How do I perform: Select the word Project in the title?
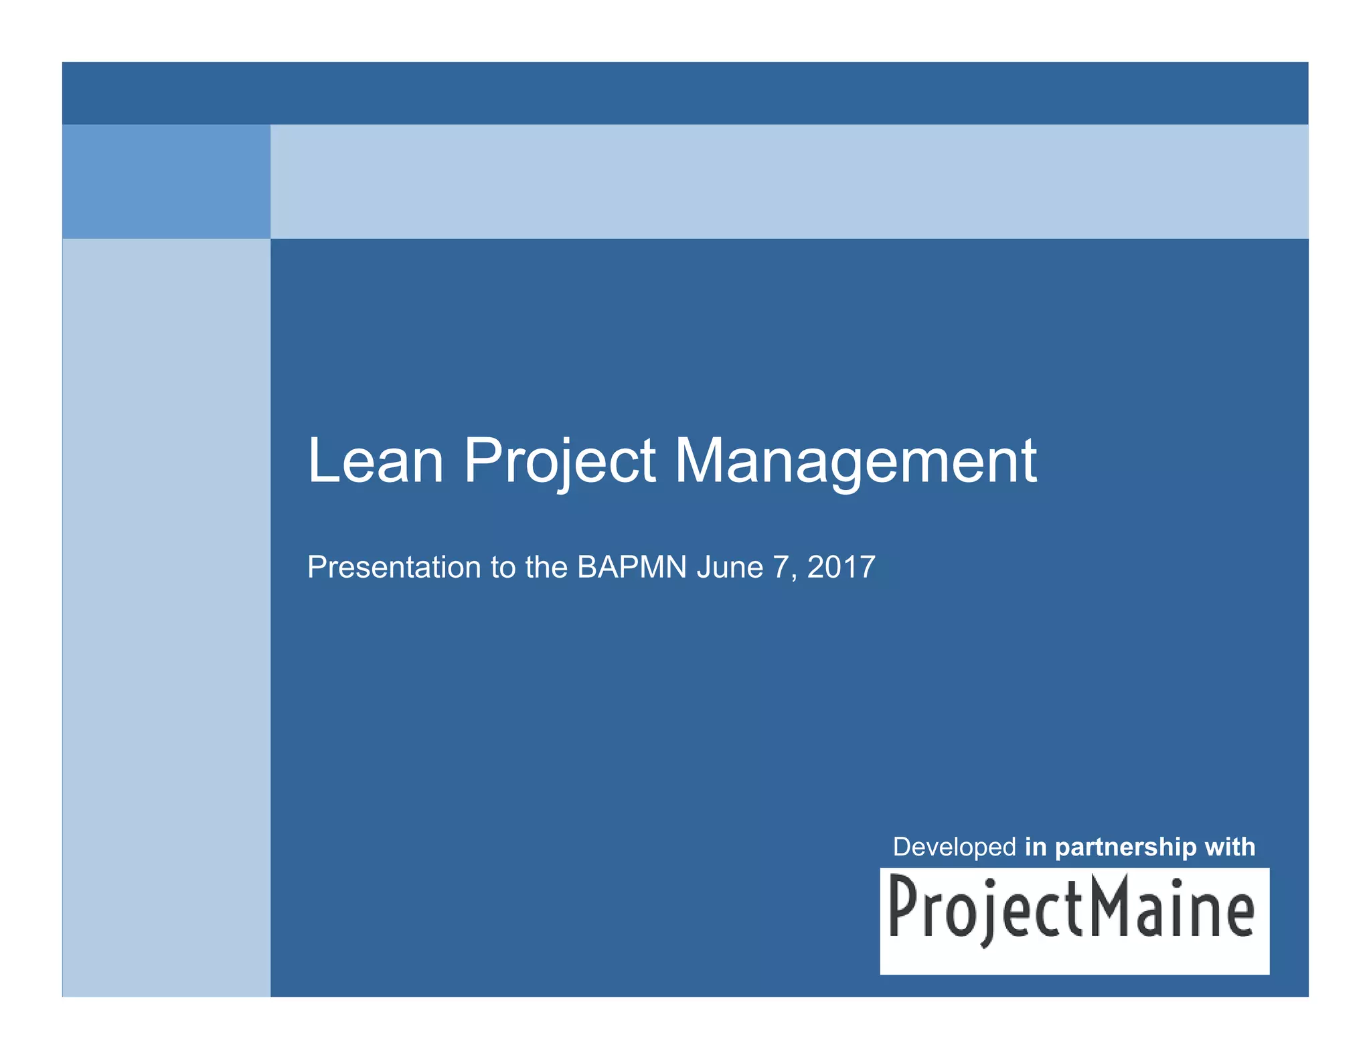pos(560,462)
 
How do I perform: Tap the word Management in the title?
pos(855,462)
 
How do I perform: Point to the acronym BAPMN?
pos(632,568)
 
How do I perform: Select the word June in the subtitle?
pos(730,568)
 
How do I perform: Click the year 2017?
pos(841,568)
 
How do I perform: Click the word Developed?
pos(955,847)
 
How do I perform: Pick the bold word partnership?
pos(1126,847)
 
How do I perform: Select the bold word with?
pos(1230,847)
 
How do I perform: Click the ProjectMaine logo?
pos(1074,920)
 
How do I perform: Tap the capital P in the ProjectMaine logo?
pos(903,907)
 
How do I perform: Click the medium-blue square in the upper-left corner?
pos(166,181)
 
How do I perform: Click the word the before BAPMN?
pos(546,568)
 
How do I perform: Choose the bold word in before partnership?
pos(1036,847)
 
